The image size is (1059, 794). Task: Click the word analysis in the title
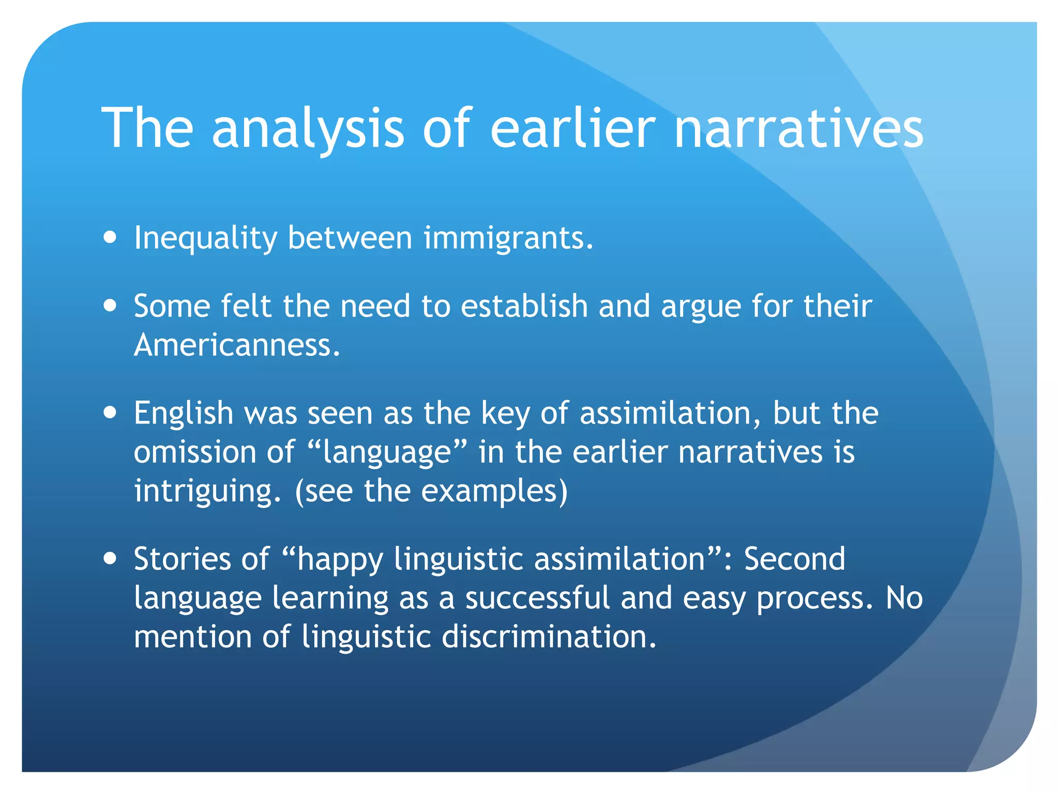point(308,129)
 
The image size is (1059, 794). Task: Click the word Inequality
point(206,239)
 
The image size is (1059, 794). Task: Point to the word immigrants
point(508,239)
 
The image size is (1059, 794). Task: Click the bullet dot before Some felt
point(110,305)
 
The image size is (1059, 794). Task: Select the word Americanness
point(237,345)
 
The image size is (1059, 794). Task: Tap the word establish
point(524,306)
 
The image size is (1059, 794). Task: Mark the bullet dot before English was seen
point(110,413)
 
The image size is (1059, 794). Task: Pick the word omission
point(195,452)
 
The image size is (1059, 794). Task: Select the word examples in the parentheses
point(490,492)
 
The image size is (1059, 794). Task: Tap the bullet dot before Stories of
point(110,559)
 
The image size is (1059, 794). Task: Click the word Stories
point(182,559)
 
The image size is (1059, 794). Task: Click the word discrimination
point(549,636)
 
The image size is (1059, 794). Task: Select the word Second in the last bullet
point(794,559)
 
